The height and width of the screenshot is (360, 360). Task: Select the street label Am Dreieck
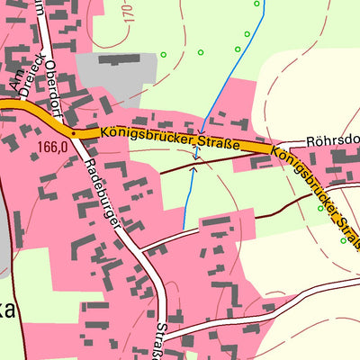coord(19,71)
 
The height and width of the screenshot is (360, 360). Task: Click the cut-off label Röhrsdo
coord(332,141)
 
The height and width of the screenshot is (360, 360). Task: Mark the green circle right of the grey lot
coord(164,55)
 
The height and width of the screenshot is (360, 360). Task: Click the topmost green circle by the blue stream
coord(256,4)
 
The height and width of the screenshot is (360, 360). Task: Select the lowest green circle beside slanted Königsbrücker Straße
coord(343,241)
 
